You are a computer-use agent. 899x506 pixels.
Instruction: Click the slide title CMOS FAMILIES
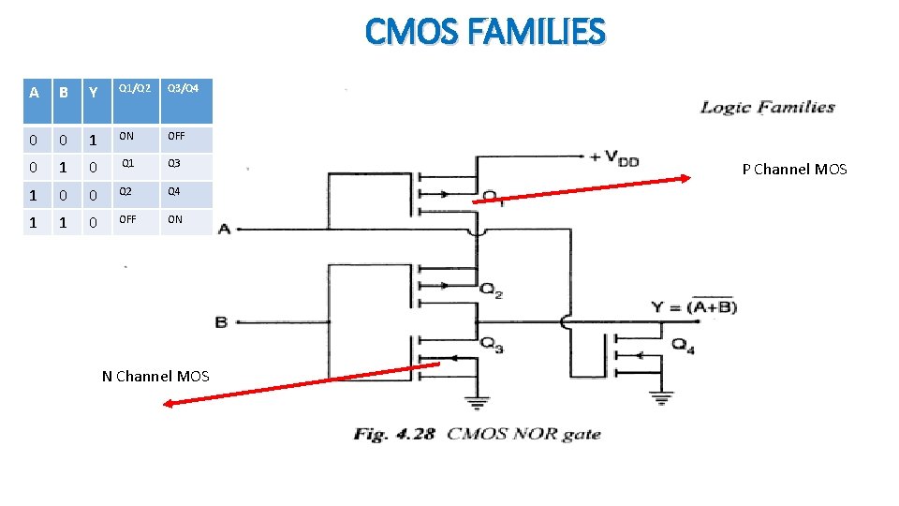click(x=485, y=32)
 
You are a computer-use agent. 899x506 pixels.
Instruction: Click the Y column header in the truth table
click(x=92, y=92)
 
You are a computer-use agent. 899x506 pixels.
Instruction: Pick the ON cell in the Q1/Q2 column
click(x=125, y=136)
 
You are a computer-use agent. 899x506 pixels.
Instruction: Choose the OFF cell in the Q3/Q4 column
click(x=176, y=136)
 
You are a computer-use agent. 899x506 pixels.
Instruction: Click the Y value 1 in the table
click(x=92, y=141)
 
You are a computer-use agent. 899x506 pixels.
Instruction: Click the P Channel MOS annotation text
click(x=794, y=170)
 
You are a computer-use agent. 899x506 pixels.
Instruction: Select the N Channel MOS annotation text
click(x=155, y=376)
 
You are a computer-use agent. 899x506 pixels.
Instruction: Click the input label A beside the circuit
click(x=224, y=229)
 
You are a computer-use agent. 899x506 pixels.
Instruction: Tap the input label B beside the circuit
click(x=221, y=322)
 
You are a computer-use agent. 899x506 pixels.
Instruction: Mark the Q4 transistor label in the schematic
click(x=683, y=343)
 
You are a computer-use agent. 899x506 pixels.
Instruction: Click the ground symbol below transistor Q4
click(x=662, y=400)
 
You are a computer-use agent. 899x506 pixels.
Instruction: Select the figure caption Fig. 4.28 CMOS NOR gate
click(x=477, y=434)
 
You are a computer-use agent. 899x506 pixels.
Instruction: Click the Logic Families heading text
click(x=767, y=107)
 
